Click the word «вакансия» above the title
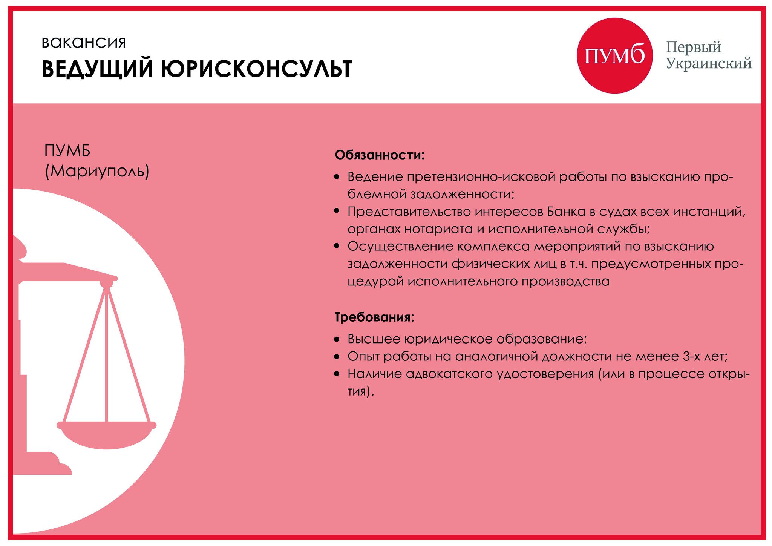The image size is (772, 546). click(83, 43)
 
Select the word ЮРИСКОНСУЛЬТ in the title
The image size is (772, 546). click(256, 69)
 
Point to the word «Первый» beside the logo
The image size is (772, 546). click(693, 47)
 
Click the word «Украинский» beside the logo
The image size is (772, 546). click(708, 63)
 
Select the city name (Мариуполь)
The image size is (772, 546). click(97, 171)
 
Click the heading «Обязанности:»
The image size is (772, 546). click(379, 155)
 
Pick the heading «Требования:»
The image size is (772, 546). click(374, 317)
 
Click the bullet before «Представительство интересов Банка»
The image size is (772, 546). click(337, 211)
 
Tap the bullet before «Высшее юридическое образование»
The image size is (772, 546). click(337, 339)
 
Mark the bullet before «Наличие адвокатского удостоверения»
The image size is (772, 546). click(337, 374)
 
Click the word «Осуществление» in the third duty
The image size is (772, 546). click(400, 246)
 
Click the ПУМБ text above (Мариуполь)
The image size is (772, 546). click(67, 151)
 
